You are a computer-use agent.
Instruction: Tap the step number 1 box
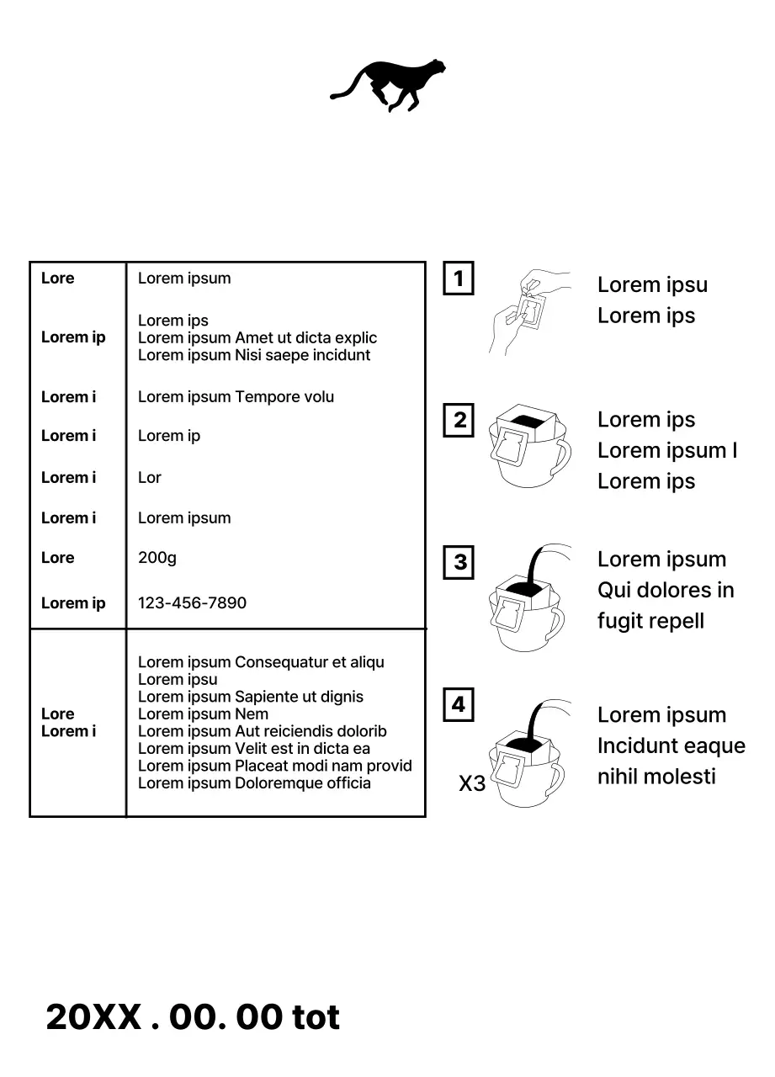pos(459,279)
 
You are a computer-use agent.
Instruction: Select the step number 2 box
pos(459,420)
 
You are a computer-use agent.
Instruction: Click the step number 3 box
pos(459,562)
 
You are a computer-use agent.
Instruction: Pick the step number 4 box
pos(459,704)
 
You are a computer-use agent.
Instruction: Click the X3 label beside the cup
pos(472,784)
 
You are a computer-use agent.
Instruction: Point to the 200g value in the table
pos(157,558)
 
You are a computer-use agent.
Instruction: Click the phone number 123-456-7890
pos(192,603)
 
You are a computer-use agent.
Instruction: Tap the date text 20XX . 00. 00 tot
pos(193,1017)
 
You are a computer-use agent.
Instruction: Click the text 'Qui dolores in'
pos(666,591)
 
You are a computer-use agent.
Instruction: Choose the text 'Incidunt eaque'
pos(671,746)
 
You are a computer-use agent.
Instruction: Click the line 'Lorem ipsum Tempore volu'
pos(236,397)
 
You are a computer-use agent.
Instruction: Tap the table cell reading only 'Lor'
pos(149,478)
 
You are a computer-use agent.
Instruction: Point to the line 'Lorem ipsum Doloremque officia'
pos(254,783)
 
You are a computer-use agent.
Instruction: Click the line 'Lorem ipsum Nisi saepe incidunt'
pos(254,355)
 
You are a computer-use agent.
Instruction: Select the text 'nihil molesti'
pos(656,777)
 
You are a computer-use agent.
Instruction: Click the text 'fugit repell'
pos(650,622)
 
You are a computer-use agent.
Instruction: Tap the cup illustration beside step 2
pos(528,447)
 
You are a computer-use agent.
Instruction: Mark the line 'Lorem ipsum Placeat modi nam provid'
pos(275,766)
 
